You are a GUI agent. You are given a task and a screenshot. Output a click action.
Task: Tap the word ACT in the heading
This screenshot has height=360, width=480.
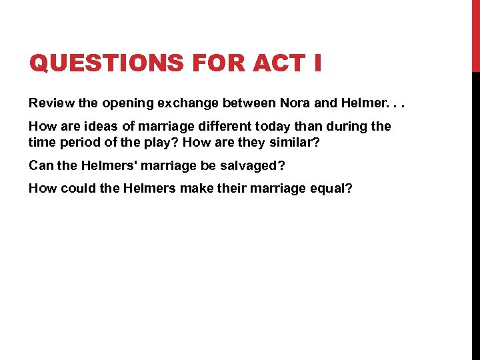(x=274, y=63)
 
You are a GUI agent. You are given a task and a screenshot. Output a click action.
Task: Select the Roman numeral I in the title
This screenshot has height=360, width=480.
(x=316, y=63)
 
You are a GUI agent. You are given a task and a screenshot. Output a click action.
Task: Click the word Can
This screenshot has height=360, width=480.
(x=39, y=166)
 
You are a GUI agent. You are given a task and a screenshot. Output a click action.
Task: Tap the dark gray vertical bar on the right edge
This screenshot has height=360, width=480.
(x=475, y=213)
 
